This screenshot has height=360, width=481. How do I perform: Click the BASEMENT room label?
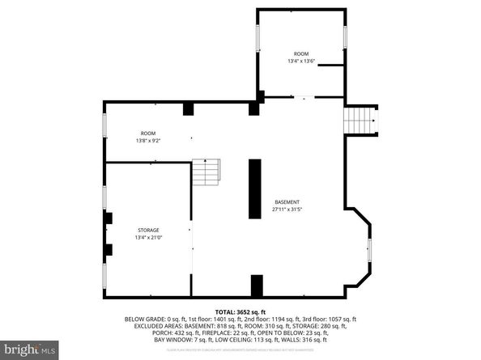click(287, 201)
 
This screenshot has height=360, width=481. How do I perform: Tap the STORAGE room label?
click(147, 230)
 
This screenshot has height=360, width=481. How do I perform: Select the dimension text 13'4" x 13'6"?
click(301, 61)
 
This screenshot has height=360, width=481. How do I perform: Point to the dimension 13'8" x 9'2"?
click(147, 141)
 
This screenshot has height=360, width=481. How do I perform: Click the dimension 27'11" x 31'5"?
click(287, 209)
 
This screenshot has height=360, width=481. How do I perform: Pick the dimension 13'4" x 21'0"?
click(147, 237)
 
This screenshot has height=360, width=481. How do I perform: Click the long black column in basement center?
click(254, 188)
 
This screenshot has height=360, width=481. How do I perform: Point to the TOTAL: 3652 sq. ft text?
click(240, 312)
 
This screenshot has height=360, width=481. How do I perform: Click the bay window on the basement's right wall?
click(369, 251)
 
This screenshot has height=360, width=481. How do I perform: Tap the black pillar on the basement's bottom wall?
click(257, 286)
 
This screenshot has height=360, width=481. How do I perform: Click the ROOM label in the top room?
click(301, 53)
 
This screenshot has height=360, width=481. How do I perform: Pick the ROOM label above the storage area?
click(147, 133)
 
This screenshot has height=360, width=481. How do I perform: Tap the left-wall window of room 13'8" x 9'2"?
click(104, 125)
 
